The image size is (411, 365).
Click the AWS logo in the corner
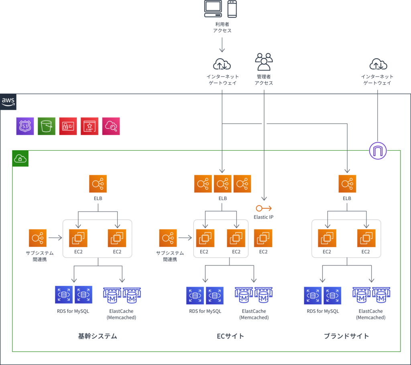(8, 101)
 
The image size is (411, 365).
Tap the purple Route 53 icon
(25, 126)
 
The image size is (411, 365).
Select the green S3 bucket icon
(47, 126)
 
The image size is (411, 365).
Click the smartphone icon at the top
(232, 9)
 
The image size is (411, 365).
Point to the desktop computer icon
(213, 9)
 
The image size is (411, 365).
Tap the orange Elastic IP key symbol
(264, 208)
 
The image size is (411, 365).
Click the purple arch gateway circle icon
(378, 151)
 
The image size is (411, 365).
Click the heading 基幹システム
(98, 336)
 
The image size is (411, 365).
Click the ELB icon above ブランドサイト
(347, 184)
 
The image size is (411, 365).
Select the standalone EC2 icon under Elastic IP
(263, 238)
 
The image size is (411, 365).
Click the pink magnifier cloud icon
(111, 126)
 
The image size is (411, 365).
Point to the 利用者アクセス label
(222, 27)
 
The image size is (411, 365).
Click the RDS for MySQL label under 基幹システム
(73, 311)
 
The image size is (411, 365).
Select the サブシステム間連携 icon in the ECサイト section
(168, 238)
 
